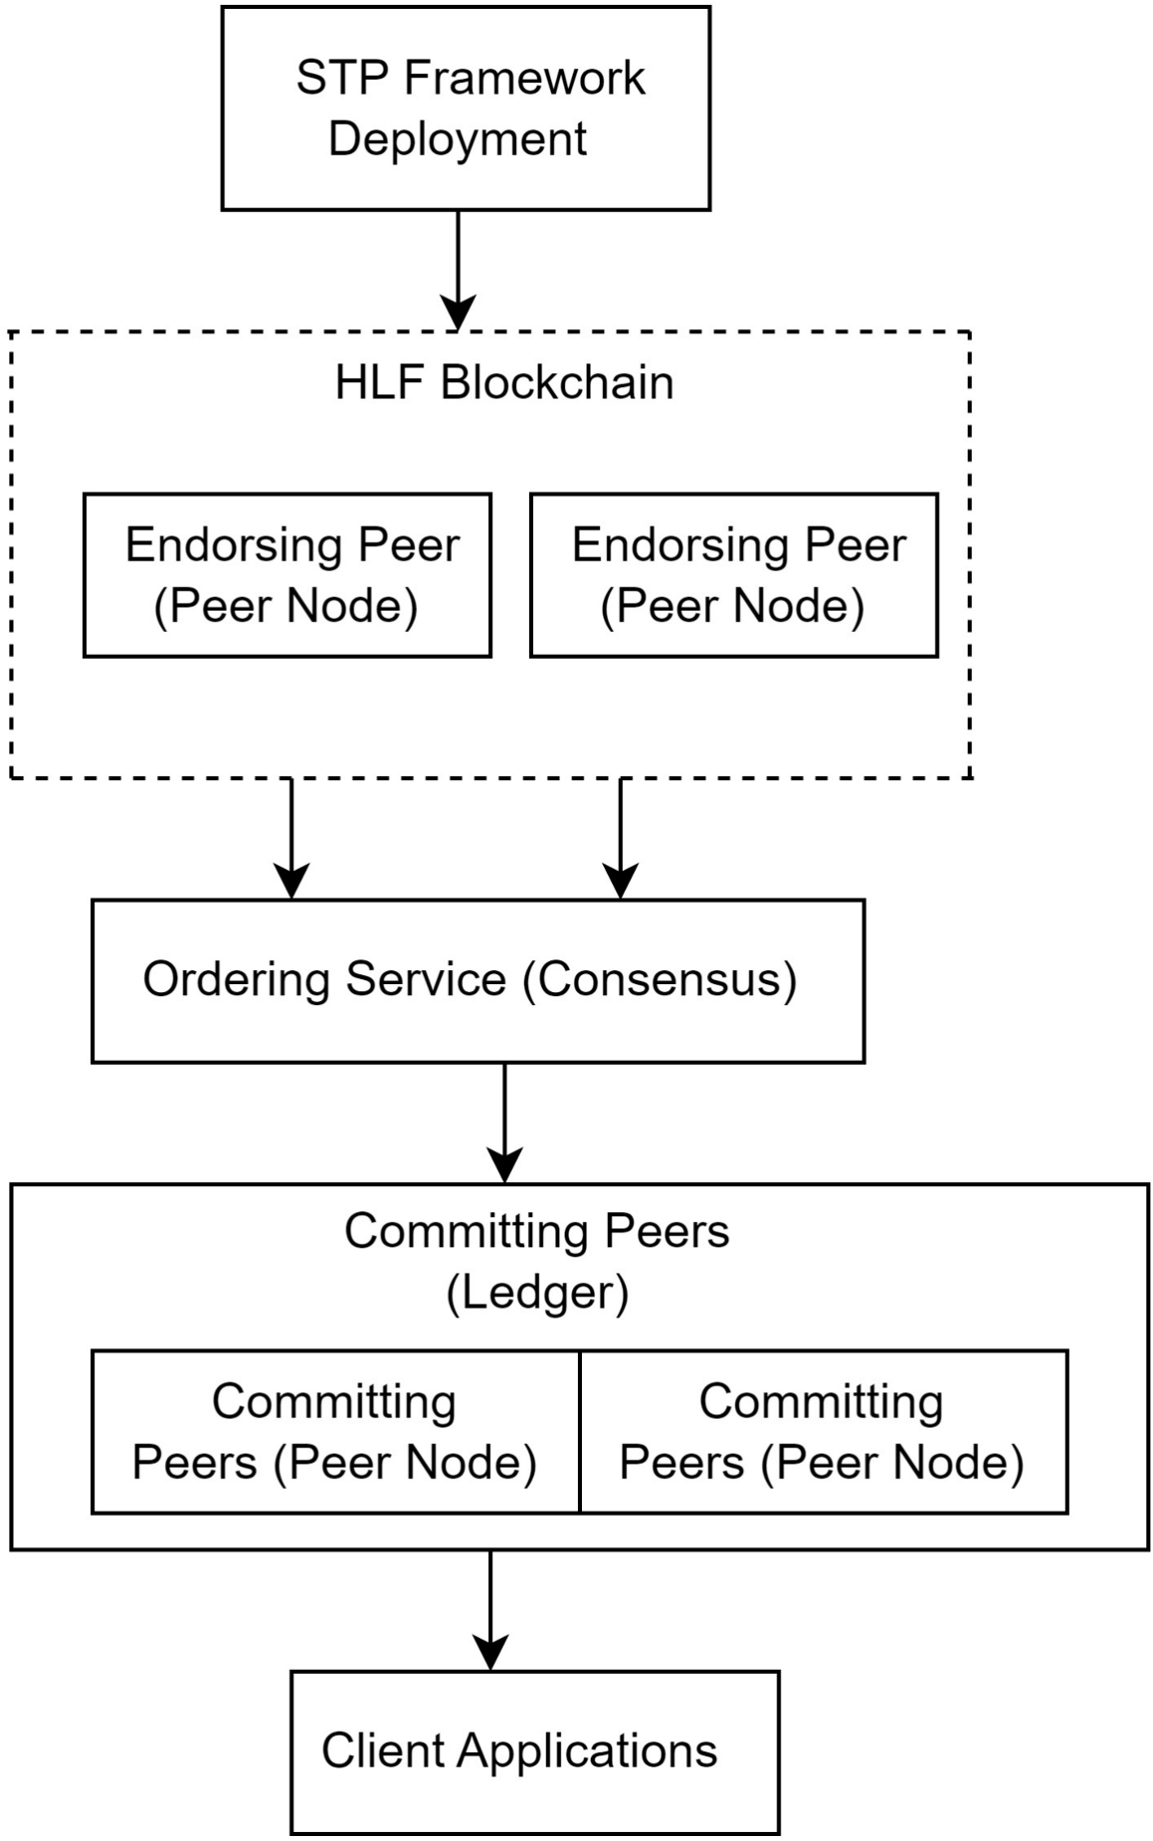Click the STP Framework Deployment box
(466, 108)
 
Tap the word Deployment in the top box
(458, 139)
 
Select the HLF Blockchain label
(504, 383)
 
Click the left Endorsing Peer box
(288, 575)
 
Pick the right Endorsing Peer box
(734, 575)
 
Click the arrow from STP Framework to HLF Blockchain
(458, 269)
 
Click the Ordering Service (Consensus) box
(478, 981)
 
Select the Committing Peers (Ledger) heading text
(537, 1232)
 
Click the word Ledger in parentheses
(537, 1294)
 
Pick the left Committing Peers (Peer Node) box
(335, 1432)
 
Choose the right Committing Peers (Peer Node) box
(823, 1432)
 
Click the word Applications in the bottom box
(587, 1751)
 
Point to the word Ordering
(236, 980)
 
